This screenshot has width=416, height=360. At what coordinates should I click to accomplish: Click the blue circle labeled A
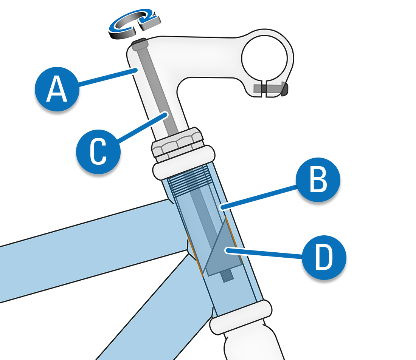click(57, 90)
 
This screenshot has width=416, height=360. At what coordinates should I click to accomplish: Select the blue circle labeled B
click(318, 180)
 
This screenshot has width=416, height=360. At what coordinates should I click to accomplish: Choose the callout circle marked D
click(324, 258)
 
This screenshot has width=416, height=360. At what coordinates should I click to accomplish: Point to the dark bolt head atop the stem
click(139, 42)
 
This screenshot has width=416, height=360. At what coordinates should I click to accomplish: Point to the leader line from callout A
click(106, 79)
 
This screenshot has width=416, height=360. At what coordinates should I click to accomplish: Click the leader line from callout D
click(265, 253)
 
